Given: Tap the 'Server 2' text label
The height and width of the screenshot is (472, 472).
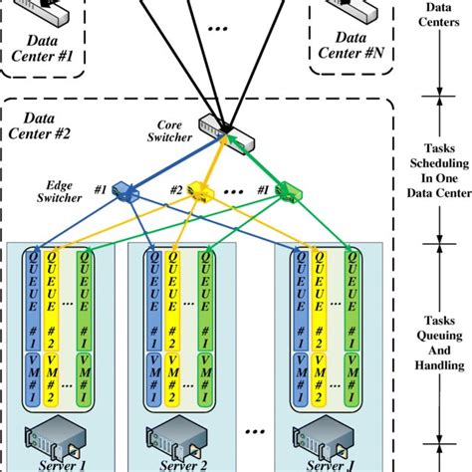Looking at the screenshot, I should coord(177,464).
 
